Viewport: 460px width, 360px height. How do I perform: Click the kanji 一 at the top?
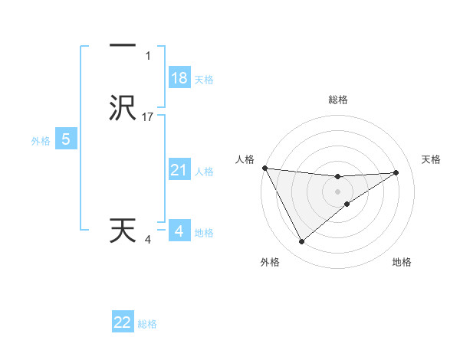click(x=123, y=47)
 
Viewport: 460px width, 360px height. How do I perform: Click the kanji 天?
click(x=123, y=231)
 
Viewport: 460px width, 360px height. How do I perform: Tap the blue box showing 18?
click(x=179, y=78)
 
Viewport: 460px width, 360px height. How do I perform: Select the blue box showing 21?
click(x=179, y=171)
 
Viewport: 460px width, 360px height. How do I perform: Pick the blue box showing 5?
click(x=66, y=139)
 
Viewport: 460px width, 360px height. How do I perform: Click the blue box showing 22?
click(x=123, y=322)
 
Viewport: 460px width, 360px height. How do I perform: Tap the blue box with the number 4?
click(x=179, y=231)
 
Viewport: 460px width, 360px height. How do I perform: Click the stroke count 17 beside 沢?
click(x=148, y=117)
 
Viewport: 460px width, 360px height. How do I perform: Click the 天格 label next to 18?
click(x=204, y=80)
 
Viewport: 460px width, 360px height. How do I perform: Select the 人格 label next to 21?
click(x=204, y=172)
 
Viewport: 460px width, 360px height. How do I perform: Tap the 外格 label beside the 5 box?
click(x=40, y=141)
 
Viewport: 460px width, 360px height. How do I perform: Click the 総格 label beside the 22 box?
click(x=147, y=324)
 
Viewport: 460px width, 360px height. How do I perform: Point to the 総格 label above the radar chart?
click(x=338, y=100)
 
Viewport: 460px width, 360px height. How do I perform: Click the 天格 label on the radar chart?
click(x=432, y=159)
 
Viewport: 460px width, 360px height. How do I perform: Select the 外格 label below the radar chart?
click(x=270, y=262)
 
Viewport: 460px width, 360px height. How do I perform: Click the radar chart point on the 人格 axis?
click(x=264, y=168)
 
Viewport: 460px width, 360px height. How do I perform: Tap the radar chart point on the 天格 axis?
click(x=396, y=172)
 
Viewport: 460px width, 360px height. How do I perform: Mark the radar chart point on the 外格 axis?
click(x=301, y=242)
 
